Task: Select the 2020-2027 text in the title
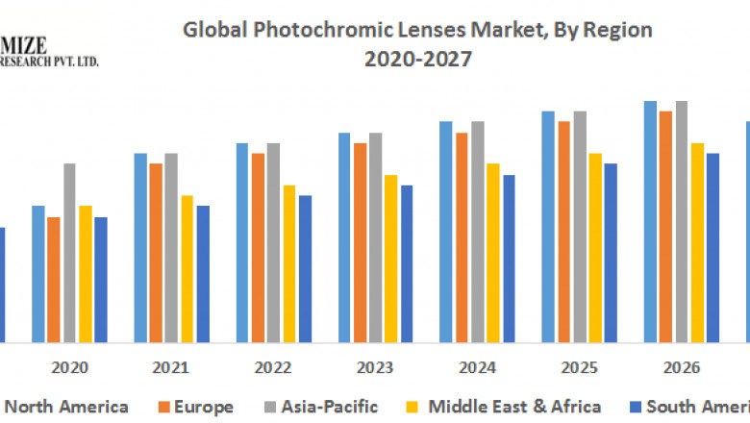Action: point(417,60)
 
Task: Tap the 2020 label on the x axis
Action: point(69,367)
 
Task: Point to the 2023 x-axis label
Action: point(375,367)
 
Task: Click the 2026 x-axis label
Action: point(681,367)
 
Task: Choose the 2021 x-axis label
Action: point(171,367)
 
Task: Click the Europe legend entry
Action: point(203,407)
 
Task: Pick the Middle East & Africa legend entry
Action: point(514,407)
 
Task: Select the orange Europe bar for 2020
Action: point(54,279)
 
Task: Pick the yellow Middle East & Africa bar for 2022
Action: point(288,263)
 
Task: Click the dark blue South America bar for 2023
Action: point(406,263)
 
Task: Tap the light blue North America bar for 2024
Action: point(446,232)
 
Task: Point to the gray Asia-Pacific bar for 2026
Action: point(681,221)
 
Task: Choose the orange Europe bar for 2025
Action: point(563,232)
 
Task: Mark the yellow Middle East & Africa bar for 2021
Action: point(187,268)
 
